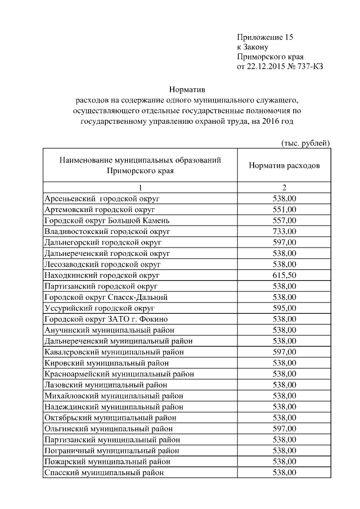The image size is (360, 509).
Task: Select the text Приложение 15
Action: coord(265,37)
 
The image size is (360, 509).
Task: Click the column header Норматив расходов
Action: coord(284,166)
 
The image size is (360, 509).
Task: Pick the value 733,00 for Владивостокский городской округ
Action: coord(284,231)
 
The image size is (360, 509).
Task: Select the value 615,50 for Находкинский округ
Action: coord(284,275)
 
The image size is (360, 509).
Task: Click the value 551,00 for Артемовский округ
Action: coord(284,209)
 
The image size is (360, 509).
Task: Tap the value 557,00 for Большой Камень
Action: coord(284,220)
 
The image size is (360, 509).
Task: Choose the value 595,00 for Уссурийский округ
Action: coord(284,308)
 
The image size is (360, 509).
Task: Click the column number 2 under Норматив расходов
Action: coord(284,187)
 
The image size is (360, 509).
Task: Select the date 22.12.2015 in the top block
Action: coord(271,67)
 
